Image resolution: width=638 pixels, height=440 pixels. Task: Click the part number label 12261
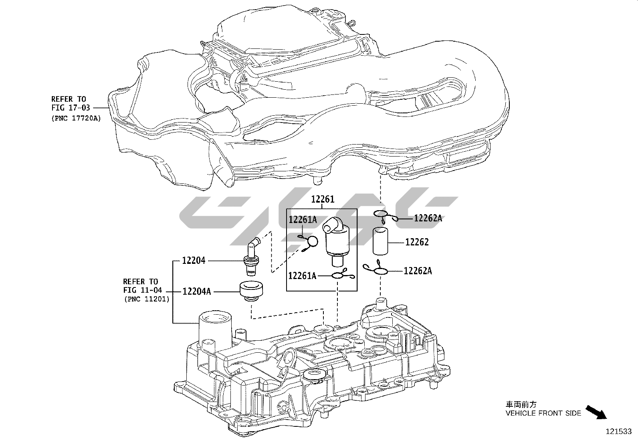tap(323, 199)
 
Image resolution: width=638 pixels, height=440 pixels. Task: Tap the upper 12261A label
tap(303, 219)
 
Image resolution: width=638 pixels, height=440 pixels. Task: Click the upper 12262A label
tap(428, 218)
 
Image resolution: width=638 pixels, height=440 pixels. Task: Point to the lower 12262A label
tap(418, 271)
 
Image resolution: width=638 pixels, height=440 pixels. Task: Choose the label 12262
tap(417, 242)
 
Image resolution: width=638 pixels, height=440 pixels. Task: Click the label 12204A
tap(196, 291)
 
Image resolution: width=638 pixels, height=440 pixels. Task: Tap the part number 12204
tap(194, 261)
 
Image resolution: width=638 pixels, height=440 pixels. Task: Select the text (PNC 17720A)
tap(76, 118)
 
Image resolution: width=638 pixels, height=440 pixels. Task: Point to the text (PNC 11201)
tap(147, 299)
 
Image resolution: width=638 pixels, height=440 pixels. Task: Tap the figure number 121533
tap(618, 431)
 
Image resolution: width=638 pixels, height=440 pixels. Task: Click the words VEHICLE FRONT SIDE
tap(543, 413)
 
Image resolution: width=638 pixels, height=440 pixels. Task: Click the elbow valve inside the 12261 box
tap(335, 240)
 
